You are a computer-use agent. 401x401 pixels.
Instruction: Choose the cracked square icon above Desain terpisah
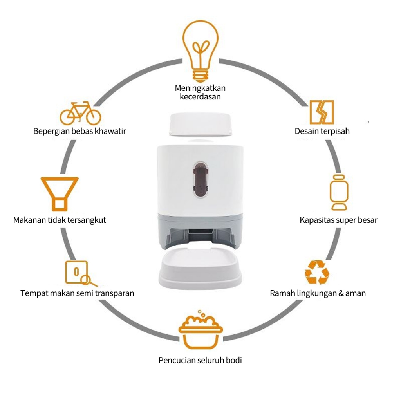pos(322,112)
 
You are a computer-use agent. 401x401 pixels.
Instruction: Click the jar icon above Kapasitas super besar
pos(339,192)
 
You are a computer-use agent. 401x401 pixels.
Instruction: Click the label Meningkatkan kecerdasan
pos(200,92)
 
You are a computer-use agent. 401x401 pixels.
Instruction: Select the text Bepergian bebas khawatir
pos(79,131)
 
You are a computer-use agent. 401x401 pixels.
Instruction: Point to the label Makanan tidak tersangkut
pos(60,220)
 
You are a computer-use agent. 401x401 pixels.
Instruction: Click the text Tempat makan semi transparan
pos(77,293)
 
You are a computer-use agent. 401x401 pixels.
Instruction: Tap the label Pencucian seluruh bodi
pos(200,360)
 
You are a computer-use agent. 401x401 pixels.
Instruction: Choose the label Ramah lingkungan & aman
pos(318,293)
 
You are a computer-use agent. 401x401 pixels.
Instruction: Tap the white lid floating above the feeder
pos(200,125)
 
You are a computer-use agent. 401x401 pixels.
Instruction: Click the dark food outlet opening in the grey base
pos(200,234)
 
